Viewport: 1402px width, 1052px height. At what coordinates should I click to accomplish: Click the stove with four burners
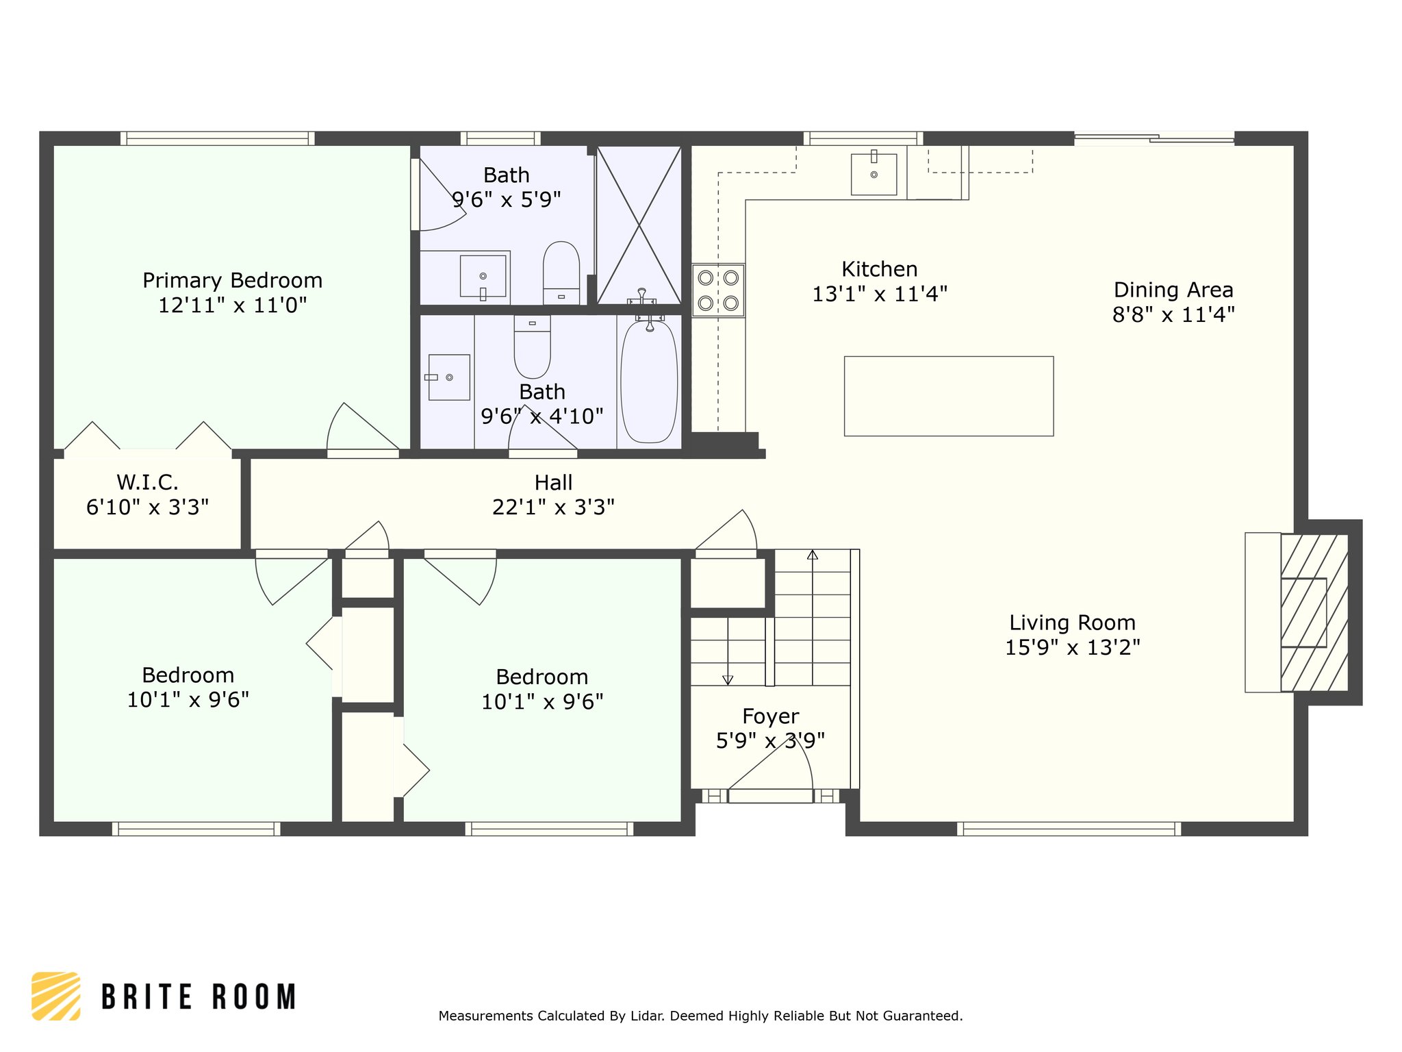718,290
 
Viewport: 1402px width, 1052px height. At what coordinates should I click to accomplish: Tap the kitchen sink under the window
874,175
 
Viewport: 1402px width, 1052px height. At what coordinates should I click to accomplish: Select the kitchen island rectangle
949,396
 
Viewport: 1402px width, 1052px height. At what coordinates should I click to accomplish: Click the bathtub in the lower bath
649,382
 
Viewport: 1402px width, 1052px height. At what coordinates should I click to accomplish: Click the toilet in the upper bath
561,273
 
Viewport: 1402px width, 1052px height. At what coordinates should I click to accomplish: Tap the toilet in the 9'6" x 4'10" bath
532,347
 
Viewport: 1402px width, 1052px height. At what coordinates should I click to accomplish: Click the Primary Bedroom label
233,281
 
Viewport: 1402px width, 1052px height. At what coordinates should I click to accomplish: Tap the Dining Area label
1173,290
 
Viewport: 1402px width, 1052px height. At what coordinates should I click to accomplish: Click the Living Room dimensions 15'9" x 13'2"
1073,647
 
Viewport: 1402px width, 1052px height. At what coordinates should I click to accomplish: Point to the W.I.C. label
148,482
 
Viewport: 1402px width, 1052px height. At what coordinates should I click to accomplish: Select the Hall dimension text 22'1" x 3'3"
553,508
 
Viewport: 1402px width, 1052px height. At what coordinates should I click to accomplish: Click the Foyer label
771,716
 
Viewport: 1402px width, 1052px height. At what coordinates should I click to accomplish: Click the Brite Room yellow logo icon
56,996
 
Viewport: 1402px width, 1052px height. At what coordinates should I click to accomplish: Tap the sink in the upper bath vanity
483,276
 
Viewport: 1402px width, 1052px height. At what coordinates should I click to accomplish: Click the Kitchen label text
880,269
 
